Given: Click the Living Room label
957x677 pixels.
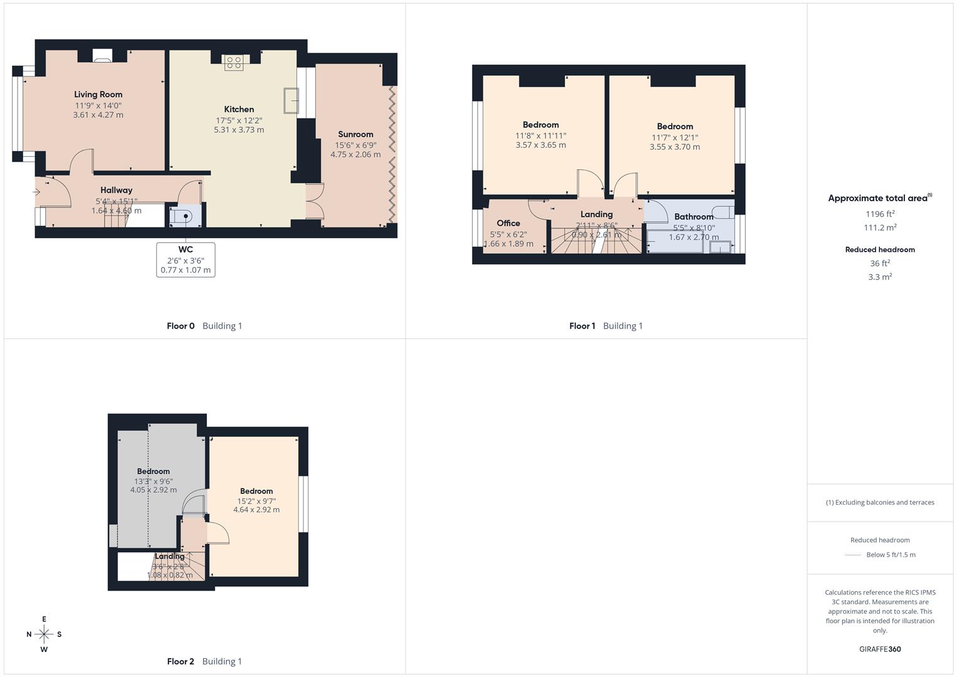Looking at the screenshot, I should tap(98, 95).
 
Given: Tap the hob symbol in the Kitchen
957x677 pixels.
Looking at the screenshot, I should tap(234, 63).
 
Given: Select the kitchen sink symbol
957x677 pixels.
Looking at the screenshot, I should tap(291, 100).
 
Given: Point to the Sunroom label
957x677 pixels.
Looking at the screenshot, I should tap(355, 134).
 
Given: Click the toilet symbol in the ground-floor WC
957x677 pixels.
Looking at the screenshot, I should tap(185, 216).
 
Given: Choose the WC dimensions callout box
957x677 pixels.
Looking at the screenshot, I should tap(186, 260).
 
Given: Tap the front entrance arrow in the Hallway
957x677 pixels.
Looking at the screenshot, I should tap(37, 192).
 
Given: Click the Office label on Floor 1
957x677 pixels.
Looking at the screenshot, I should tap(508, 223).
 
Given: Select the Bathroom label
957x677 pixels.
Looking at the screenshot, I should tap(694, 217).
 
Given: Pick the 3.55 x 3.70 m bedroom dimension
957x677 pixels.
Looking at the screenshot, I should tap(675, 147).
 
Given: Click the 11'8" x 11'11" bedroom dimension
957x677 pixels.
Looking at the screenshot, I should tap(541, 135).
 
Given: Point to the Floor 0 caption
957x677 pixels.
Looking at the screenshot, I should tap(180, 326).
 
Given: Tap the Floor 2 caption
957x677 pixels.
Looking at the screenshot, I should tap(180, 661).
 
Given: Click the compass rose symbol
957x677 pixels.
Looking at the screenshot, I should tap(44, 634).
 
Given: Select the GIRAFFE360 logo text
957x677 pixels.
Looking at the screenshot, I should tap(880, 649).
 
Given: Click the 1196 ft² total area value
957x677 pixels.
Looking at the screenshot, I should tap(880, 214).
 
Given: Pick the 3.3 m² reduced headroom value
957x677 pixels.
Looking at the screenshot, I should tap(880, 277).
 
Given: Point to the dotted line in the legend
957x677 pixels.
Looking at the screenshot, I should tap(853, 555).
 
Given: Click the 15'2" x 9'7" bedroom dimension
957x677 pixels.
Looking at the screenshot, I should tap(256, 501).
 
